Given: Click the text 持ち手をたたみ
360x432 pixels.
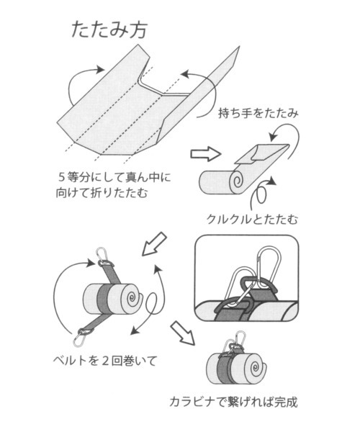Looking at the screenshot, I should [x=258, y=113].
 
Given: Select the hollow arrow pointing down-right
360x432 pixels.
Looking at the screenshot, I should [x=181, y=332].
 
